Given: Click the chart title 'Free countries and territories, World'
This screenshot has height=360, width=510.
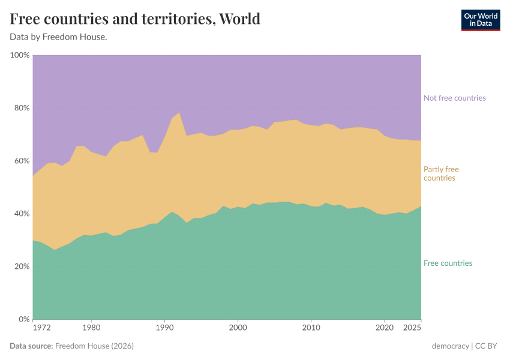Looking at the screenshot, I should [x=135, y=19].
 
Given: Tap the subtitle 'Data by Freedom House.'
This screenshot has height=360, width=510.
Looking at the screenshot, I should [x=58, y=37].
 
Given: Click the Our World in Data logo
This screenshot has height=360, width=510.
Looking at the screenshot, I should [x=480, y=20].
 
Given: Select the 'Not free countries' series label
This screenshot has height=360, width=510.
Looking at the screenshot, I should [x=454, y=98].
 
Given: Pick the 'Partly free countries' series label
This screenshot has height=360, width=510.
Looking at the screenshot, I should [x=441, y=173].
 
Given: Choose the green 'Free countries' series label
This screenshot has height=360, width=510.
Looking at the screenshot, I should [x=448, y=263].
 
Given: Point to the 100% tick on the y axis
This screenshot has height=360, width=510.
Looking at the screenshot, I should [x=20, y=55].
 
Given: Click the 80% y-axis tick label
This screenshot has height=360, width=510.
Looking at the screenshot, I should [x=22, y=108].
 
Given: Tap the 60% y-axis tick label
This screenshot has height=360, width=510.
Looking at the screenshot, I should [x=22, y=161].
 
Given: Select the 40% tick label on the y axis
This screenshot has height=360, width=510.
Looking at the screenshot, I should [x=22, y=214].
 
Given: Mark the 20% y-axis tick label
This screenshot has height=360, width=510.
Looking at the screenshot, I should [x=22, y=266].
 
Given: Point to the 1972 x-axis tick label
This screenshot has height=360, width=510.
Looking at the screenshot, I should [x=41, y=328].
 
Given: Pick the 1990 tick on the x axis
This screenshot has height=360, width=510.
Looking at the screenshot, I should [x=164, y=328].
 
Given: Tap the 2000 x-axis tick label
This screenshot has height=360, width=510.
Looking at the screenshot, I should [x=238, y=328].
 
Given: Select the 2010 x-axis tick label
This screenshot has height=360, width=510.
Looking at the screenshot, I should [x=311, y=328].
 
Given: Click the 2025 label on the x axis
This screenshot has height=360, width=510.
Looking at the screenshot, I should [x=412, y=328].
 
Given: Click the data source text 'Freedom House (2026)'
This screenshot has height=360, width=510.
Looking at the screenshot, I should [x=94, y=346].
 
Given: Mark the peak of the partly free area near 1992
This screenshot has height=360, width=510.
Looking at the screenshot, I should [x=179, y=113].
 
